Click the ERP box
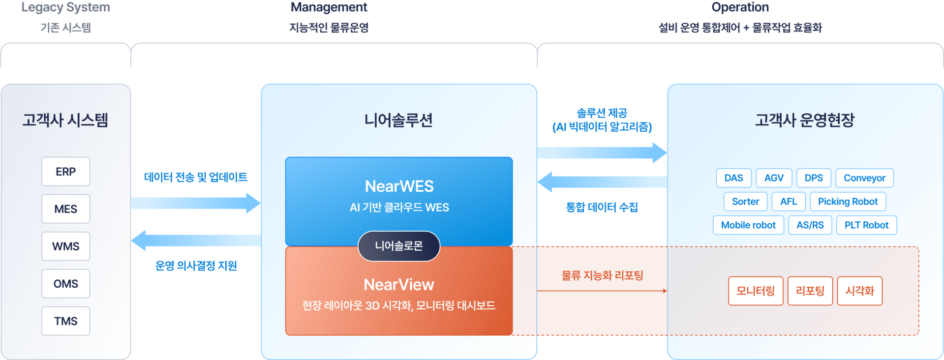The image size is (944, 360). point(65,172)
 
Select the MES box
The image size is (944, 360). point(65,209)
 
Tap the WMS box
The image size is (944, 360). point(65,246)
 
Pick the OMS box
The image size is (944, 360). point(65,284)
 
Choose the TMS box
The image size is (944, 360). point(65,321)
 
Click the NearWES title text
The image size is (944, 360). point(399,186)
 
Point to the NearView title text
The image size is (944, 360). point(399,284)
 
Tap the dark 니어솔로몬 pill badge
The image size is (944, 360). point(399,246)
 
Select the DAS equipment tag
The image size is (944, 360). point(733,178)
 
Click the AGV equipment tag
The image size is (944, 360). point(774,178)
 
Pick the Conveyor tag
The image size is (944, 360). point(864,178)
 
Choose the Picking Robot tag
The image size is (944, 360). point(848,202)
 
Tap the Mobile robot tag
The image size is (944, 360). point(748,225)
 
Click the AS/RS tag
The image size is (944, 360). point(810,225)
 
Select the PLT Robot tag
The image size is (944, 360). point(866,225)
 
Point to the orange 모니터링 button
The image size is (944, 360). point(756,291)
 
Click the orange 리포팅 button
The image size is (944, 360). point(810,291)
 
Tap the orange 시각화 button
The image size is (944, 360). point(859,291)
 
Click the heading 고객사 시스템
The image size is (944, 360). point(65,120)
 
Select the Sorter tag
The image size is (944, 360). point(745,202)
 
